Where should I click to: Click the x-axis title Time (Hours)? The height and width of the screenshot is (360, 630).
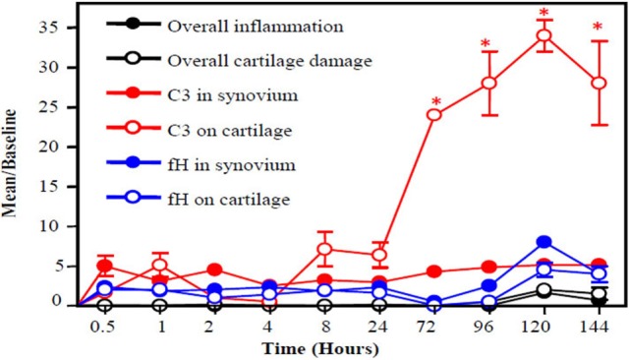324,348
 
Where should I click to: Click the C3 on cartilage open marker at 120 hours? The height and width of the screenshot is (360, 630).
544,36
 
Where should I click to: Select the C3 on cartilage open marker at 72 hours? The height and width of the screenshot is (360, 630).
433,115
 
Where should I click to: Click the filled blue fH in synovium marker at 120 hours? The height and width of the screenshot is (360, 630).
544,242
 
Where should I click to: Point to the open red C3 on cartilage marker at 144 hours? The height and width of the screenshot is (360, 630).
598,84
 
